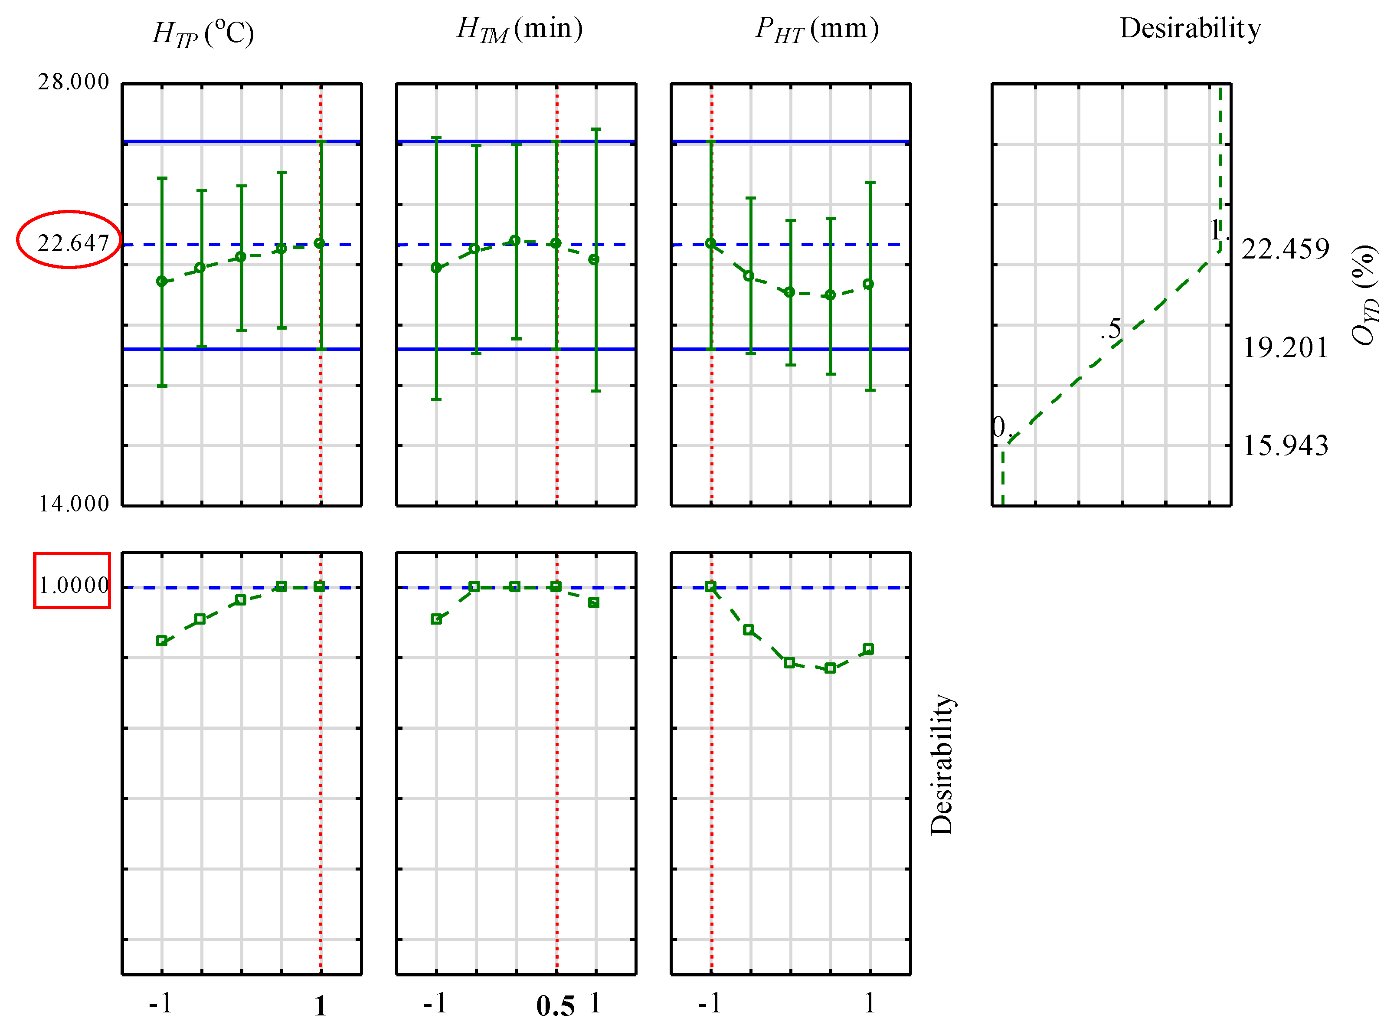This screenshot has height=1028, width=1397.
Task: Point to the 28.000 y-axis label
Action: (73, 82)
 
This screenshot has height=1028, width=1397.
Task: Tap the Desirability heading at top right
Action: (1190, 29)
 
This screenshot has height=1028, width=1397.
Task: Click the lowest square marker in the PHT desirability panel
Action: (830, 668)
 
